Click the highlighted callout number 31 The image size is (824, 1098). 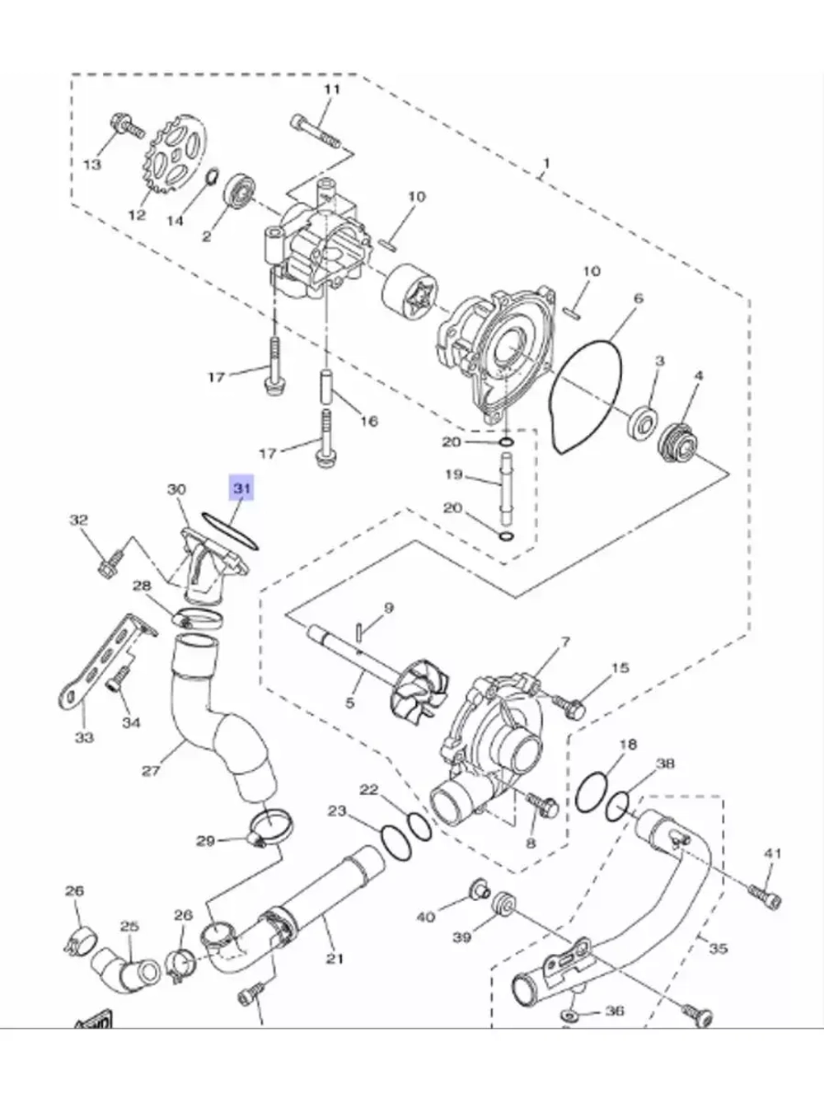[241, 488]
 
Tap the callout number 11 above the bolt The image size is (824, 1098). [332, 90]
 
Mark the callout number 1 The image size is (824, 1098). [547, 163]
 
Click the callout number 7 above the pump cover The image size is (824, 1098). [565, 642]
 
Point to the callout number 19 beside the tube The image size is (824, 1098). [453, 474]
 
